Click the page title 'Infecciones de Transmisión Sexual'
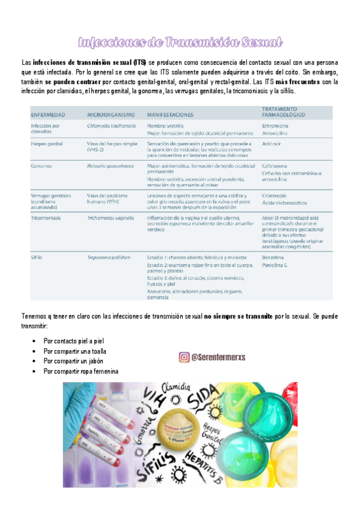[180, 41]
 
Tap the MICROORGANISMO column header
[110, 114]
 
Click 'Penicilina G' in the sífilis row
[276, 265]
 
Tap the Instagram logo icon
[184, 357]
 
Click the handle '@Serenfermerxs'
[220, 357]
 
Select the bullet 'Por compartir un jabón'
[76, 361]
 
